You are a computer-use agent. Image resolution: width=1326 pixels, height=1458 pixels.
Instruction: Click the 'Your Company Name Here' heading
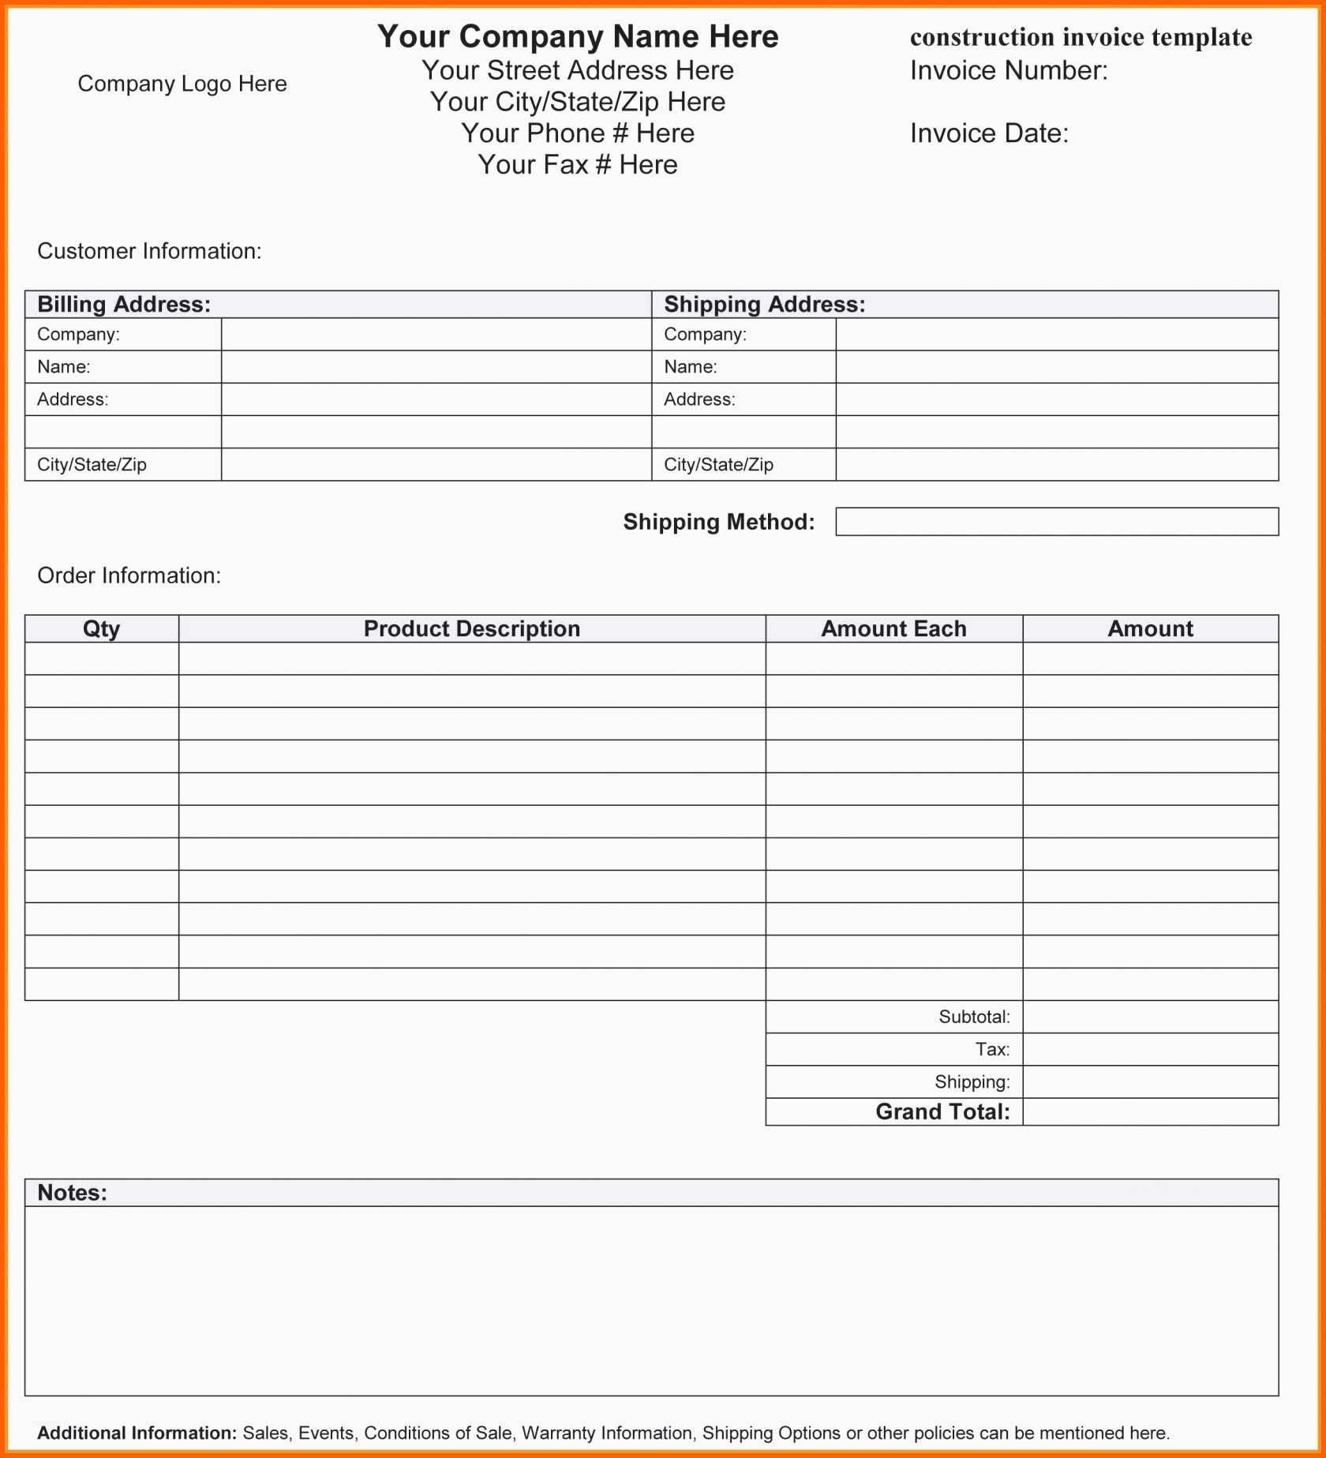pyautogui.click(x=578, y=37)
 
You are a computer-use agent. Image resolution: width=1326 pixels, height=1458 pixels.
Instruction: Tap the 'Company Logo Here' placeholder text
pyautogui.click(x=182, y=84)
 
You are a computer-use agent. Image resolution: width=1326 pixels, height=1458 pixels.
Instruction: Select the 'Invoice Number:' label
pyautogui.click(x=1009, y=71)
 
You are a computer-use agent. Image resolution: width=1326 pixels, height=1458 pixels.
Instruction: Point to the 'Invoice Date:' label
pyautogui.click(x=989, y=133)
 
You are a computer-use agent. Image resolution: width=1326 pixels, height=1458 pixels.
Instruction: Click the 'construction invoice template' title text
pyautogui.click(x=1081, y=37)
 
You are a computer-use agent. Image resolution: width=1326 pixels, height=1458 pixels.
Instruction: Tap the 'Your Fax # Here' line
pyautogui.click(x=578, y=165)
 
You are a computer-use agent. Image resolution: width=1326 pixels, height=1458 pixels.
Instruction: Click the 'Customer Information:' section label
pyautogui.click(x=149, y=251)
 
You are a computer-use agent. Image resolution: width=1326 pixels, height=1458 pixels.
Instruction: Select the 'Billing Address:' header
pyautogui.click(x=124, y=305)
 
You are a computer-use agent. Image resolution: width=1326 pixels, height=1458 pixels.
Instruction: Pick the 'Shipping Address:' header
pyautogui.click(x=764, y=305)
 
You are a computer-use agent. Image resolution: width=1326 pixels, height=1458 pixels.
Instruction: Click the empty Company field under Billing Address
pyautogui.click(x=436, y=335)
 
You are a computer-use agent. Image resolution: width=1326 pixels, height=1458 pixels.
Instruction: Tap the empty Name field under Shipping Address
pyautogui.click(x=1056, y=367)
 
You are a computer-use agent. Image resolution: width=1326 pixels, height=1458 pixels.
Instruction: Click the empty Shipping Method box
pyautogui.click(x=1056, y=522)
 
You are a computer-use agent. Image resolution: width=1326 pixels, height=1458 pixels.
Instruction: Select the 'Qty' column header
pyautogui.click(x=102, y=629)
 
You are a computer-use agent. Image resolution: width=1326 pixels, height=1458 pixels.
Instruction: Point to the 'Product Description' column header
pyautogui.click(x=472, y=629)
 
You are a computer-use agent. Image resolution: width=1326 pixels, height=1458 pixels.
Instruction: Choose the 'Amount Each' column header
pyautogui.click(x=893, y=629)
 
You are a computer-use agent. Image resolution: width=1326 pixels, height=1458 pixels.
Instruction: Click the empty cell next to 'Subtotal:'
pyautogui.click(x=1150, y=1017)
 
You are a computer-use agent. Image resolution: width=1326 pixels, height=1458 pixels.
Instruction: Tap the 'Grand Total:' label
pyautogui.click(x=942, y=1112)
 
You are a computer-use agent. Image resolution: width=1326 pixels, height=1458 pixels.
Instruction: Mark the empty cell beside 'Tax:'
pyautogui.click(x=1150, y=1050)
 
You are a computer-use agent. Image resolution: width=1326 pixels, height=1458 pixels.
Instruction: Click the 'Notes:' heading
pyautogui.click(x=72, y=1193)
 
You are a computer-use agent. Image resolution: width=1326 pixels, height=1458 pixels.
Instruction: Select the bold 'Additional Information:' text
pyautogui.click(x=137, y=1433)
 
